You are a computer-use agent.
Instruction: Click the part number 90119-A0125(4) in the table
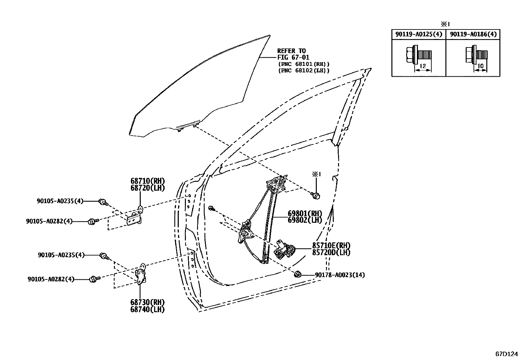point(419,34)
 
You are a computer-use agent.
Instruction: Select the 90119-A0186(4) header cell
point(473,34)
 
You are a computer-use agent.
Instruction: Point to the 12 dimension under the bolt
point(422,66)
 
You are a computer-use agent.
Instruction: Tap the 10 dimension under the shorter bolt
point(480,66)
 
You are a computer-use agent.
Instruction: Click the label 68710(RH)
point(147,181)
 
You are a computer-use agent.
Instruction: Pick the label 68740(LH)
point(147,309)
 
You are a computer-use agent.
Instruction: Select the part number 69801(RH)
point(305,213)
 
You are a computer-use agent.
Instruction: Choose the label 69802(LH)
point(305,220)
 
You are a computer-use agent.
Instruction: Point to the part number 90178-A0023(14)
point(340,275)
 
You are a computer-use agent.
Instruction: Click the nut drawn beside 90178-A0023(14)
point(298,274)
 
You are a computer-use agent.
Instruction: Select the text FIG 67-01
point(293,57)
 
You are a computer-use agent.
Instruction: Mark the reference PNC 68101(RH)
point(304,64)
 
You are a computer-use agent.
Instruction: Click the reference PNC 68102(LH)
point(304,70)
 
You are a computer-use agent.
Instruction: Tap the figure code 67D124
point(507,354)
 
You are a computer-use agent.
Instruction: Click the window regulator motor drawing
point(283,250)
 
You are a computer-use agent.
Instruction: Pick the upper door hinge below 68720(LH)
point(135,218)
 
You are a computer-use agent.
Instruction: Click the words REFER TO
point(291,51)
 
